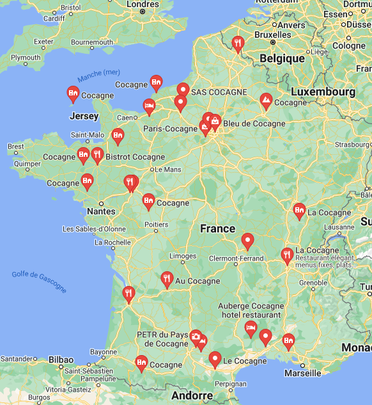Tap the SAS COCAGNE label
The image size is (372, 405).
point(219,92)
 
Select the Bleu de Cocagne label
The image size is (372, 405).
point(254,123)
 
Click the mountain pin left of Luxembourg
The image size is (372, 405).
point(265,100)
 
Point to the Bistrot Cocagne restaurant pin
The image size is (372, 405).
point(97,154)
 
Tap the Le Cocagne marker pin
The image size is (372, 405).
point(215,358)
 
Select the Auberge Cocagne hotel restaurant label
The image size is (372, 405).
point(251,310)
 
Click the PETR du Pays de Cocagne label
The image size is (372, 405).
point(162,339)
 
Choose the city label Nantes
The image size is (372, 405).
point(101,211)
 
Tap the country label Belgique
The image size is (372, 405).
point(282,58)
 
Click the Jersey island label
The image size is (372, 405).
point(84,116)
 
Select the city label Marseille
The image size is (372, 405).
point(302,373)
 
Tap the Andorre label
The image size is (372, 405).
point(192,395)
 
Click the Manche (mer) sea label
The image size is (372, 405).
point(98,76)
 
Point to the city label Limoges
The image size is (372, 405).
point(183,256)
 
